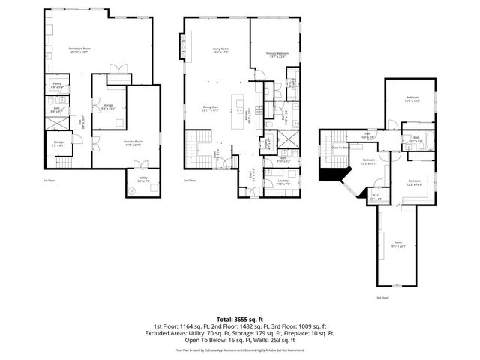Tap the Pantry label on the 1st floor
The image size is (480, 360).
pos(56,86)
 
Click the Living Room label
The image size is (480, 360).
pos(220,51)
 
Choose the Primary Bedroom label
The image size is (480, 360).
pos(277,55)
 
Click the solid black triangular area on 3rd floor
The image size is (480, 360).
pos(328,174)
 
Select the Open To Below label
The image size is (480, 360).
pos(341,148)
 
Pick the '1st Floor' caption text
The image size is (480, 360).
pos(49,181)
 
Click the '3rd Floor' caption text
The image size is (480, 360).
pos(382,298)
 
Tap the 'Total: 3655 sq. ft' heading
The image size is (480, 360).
pos(240,319)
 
